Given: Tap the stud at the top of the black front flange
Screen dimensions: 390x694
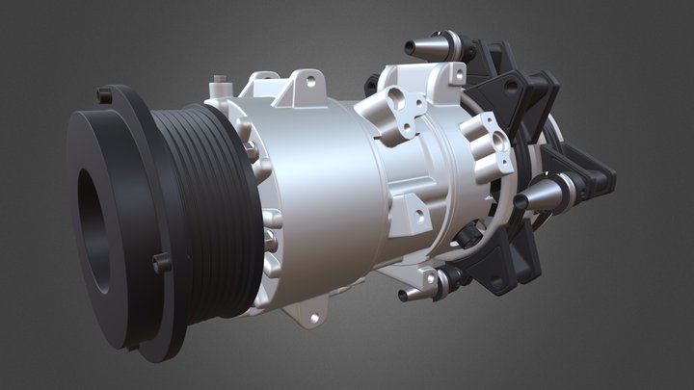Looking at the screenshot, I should (x=103, y=94).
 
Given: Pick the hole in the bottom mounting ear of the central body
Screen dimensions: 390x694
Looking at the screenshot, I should (x=312, y=314).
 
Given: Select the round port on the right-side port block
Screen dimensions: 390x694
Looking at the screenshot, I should (x=498, y=143).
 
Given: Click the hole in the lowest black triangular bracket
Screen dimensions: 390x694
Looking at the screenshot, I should (x=506, y=279).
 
